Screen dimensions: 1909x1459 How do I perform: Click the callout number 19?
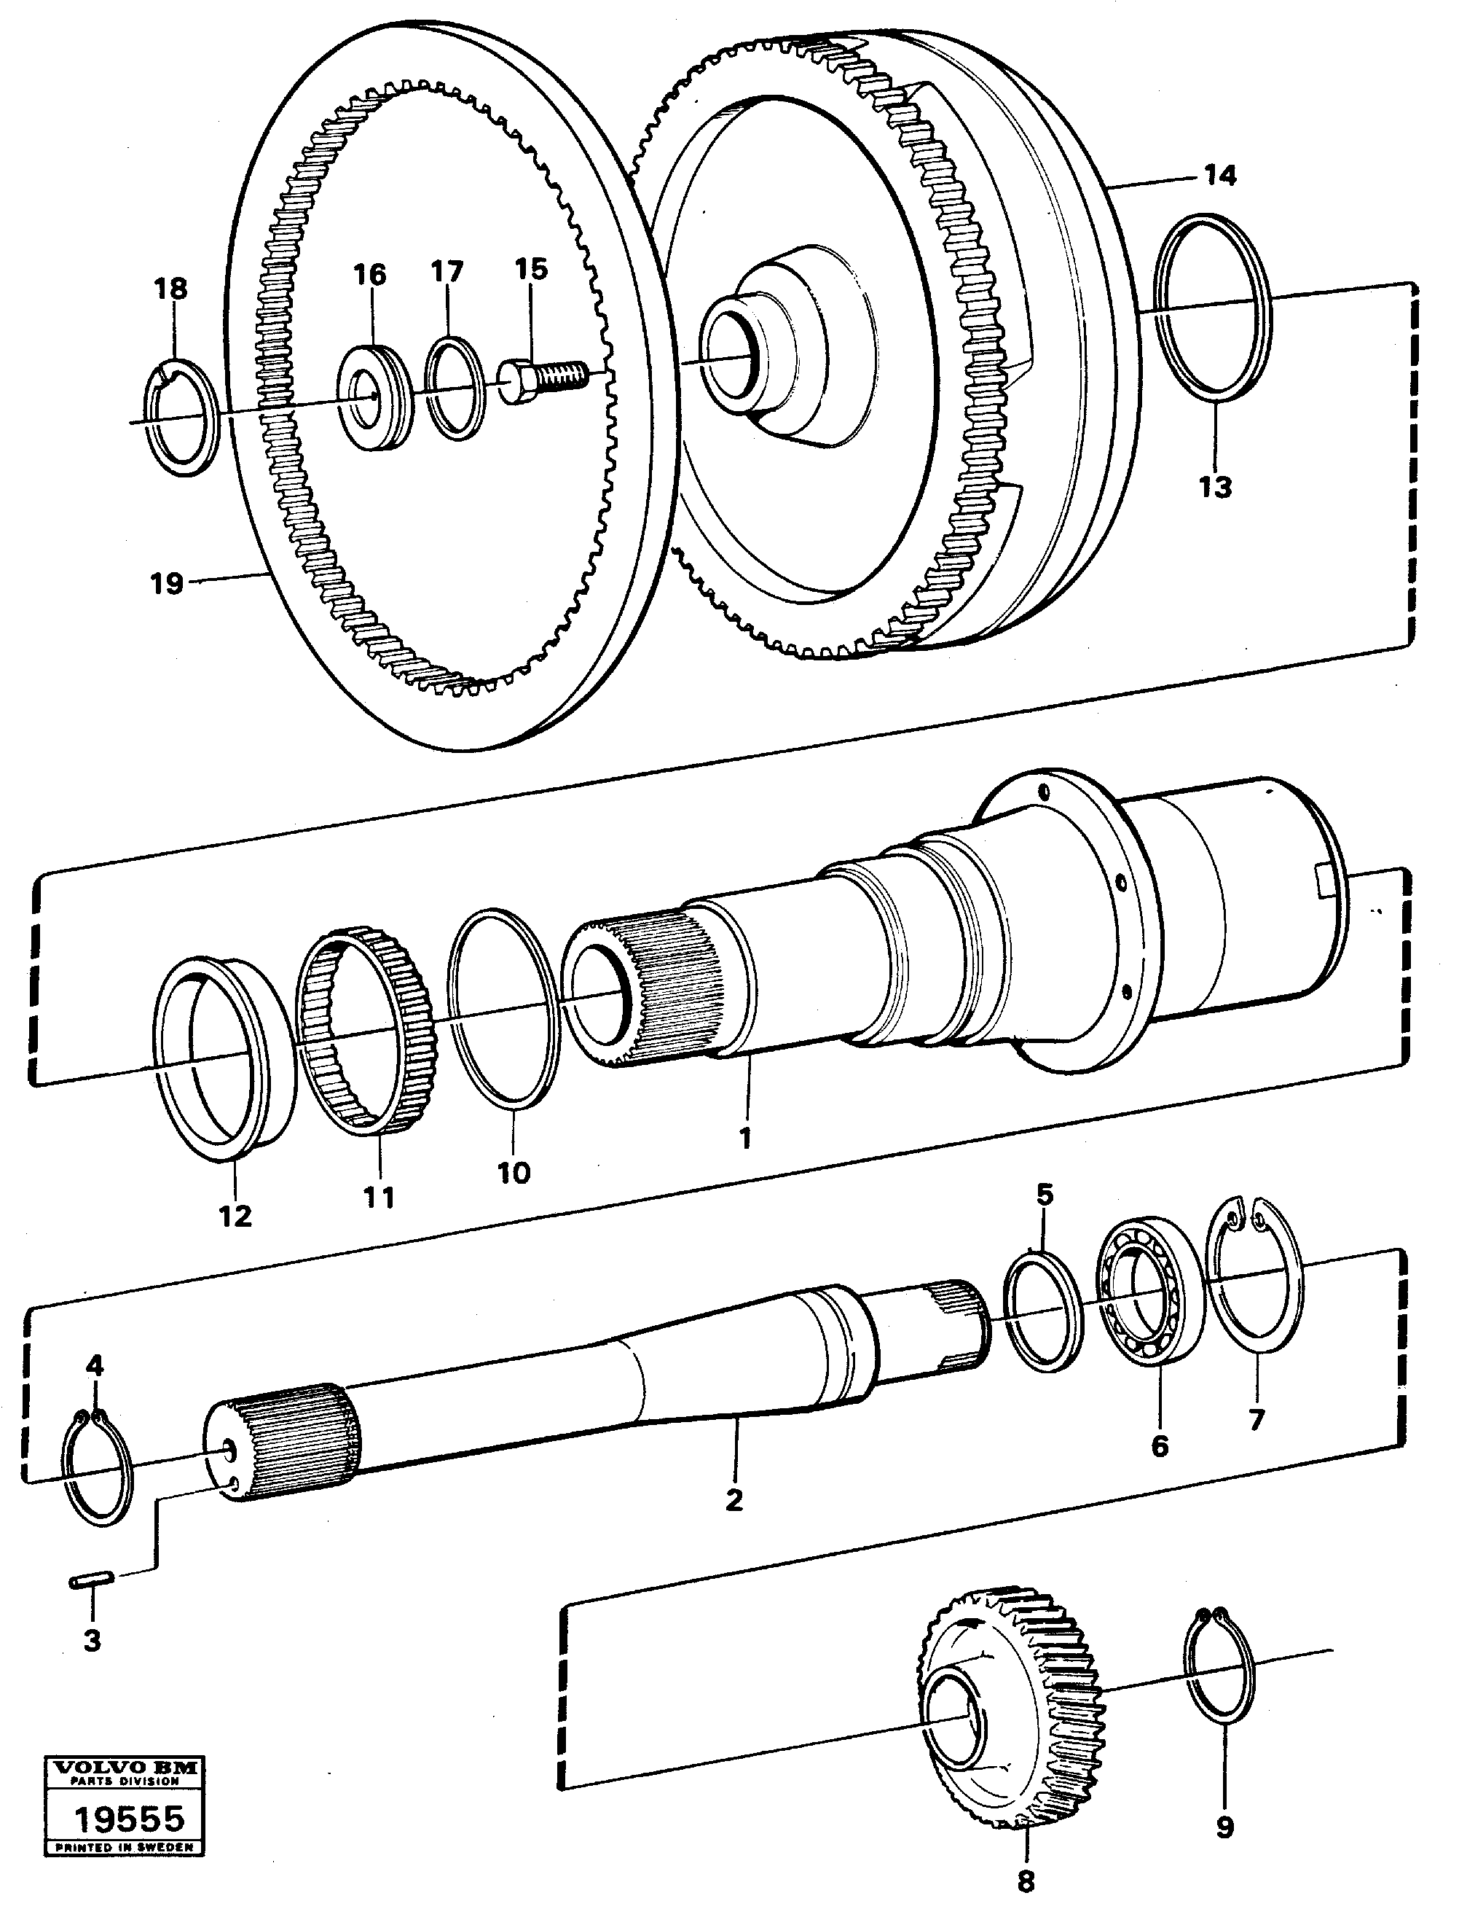coord(167,583)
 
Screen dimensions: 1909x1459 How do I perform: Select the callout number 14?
coord(1219,176)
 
